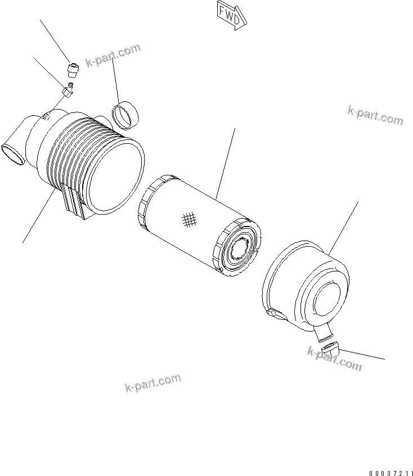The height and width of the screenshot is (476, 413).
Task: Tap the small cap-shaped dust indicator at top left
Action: click(x=72, y=71)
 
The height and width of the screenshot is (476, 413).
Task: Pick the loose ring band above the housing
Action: click(x=127, y=112)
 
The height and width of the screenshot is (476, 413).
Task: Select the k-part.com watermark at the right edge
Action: click(x=375, y=115)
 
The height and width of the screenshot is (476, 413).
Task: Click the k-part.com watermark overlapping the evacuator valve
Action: click(x=334, y=358)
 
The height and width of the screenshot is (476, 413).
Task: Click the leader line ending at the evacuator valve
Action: click(x=363, y=354)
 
